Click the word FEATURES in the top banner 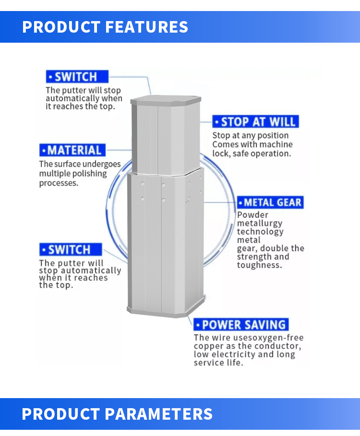pos(146,27)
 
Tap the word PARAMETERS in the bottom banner pos(158,414)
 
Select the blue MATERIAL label pos(72,150)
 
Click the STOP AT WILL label pos(255,121)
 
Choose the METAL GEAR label pos(270,202)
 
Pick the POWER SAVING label pos(241,325)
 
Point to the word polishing pos(89,174)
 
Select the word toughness pos(260,265)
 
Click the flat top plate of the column pos(166,100)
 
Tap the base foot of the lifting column pos(166,311)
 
